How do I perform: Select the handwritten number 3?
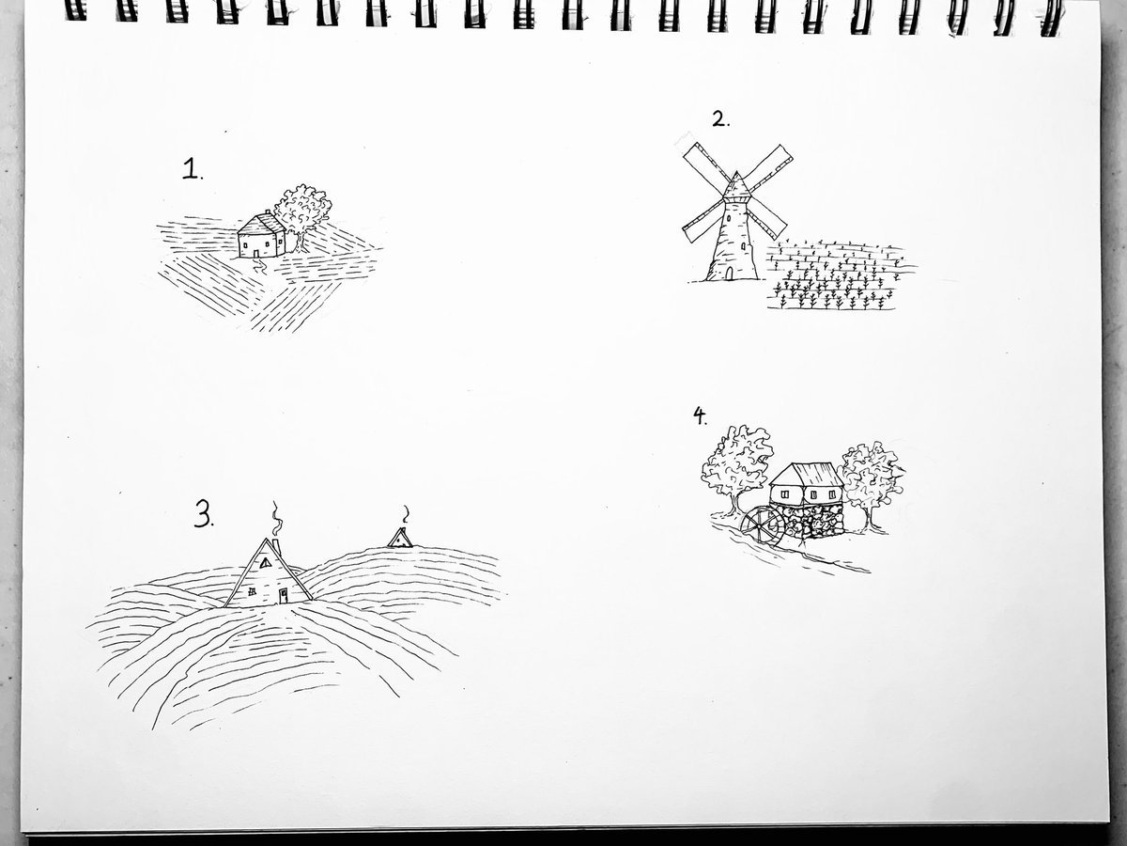coord(204,515)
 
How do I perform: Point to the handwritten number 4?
coord(700,415)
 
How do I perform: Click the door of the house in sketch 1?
coord(256,253)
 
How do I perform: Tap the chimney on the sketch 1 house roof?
coord(268,212)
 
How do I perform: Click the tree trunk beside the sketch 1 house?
coord(300,243)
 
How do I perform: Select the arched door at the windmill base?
coord(730,274)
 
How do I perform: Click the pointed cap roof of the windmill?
coord(737,186)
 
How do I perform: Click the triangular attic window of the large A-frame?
coord(266,563)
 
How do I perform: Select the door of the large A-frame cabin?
coord(283,596)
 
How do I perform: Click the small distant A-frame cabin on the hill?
coord(400,538)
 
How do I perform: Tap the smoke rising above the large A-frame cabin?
coord(276,519)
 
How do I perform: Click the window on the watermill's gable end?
coord(785,494)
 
